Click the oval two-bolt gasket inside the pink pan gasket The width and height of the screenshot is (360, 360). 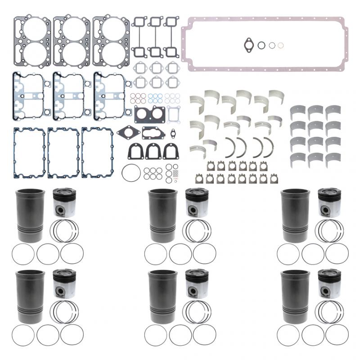point(249,44)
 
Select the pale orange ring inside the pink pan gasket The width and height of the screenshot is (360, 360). point(280,45)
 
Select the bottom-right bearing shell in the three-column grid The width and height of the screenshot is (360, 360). point(333,158)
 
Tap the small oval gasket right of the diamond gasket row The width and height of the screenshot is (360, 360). point(171,133)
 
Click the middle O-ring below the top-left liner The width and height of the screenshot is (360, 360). point(47,254)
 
